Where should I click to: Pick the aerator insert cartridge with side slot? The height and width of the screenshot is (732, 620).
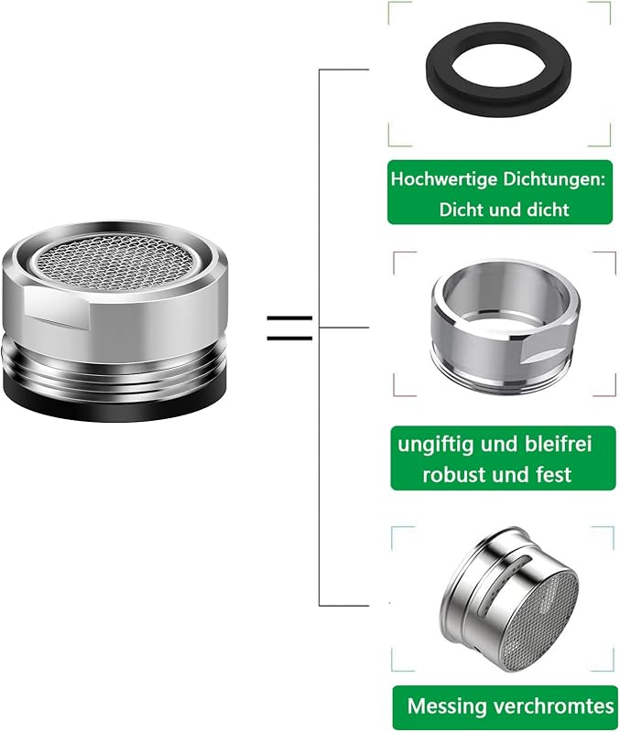(x=509, y=600)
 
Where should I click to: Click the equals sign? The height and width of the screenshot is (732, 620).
(x=289, y=328)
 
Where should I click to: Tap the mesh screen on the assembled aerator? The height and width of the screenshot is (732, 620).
(x=115, y=261)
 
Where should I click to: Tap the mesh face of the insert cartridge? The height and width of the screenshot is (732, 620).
(x=544, y=621)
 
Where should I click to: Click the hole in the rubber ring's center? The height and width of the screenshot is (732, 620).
(x=498, y=68)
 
